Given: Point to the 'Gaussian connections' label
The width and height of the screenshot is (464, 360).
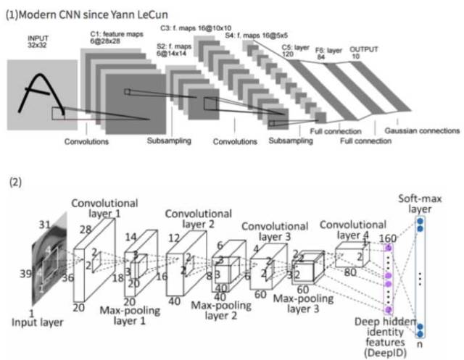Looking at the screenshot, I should coord(422,131).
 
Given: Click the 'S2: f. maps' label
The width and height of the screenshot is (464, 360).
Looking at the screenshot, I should coord(171,51).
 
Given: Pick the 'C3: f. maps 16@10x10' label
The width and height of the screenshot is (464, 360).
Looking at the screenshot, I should coord(196,28).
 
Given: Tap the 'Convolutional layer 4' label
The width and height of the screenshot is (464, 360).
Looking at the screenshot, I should coord(349,230).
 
